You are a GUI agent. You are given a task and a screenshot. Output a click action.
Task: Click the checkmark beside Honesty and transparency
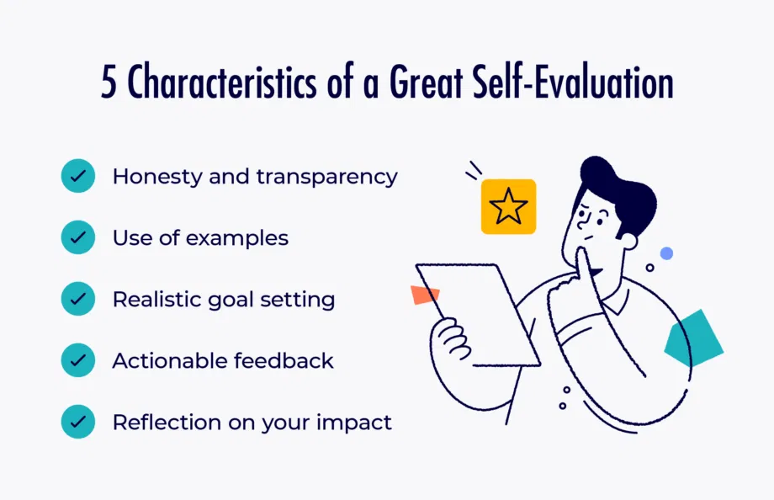pyautogui.click(x=78, y=177)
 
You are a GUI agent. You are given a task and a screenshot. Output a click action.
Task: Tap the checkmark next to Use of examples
pyautogui.click(x=78, y=238)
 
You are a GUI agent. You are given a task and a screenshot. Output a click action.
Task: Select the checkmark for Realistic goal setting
pyautogui.click(x=78, y=300)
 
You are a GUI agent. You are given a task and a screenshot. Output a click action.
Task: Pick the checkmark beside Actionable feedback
pyautogui.click(x=78, y=361)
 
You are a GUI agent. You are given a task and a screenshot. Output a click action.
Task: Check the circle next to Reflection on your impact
pyautogui.click(x=78, y=423)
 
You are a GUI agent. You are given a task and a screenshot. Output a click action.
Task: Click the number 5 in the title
pyautogui.click(x=109, y=85)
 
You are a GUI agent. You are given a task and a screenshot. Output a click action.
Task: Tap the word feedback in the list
pyautogui.click(x=283, y=361)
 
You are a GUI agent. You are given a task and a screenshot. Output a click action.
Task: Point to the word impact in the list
pyautogui.click(x=354, y=423)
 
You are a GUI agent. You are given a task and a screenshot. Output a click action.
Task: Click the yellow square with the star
pyautogui.click(x=508, y=206)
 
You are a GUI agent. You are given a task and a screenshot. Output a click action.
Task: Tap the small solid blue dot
pyautogui.click(x=666, y=253)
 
